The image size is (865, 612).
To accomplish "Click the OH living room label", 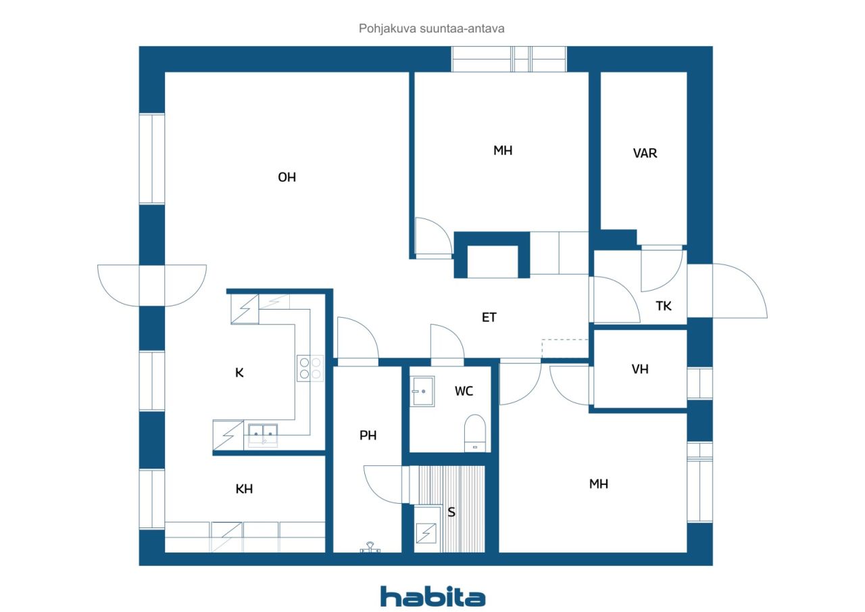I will coord(287,177).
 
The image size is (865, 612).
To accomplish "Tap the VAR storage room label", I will coord(645,154).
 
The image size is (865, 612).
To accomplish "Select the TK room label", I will coord(664,306).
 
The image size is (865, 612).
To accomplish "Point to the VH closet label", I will coord(640,369).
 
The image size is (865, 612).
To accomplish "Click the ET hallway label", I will coord(489,317).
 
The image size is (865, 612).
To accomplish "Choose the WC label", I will coord(464,391).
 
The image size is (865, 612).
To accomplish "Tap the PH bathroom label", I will coord(368,436).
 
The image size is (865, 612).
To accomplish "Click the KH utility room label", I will coord(244,489).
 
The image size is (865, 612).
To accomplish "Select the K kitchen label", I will coord(239,373).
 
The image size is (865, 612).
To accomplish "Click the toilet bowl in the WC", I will coord(475,431).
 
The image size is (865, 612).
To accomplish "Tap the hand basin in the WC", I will coord(423,392).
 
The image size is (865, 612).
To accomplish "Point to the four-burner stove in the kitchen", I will coord(310,367).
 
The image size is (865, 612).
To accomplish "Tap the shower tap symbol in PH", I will coord(370,547).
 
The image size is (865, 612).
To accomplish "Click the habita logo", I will coord(432,596).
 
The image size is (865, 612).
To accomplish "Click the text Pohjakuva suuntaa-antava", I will coord(432,29).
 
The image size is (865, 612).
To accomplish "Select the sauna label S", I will coord(451,512).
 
